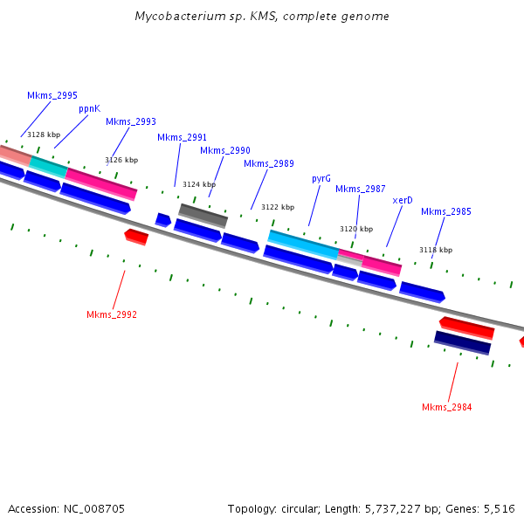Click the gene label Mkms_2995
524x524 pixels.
coord(52,95)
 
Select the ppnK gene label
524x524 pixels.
coord(90,108)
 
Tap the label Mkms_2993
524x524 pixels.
coord(131,121)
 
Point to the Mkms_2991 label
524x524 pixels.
coord(183,137)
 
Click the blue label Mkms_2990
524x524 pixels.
coord(225,150)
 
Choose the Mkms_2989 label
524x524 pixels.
coord(269,163)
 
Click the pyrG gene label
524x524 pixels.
coord(321,178)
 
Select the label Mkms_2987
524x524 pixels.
coord(361,189)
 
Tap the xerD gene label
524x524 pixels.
coord(403,200)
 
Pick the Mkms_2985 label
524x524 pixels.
coord(446,211)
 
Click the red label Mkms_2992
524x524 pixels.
coord(112,314)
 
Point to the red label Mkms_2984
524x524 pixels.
coord(447,407)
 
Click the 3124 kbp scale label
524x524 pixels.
coord(198,184)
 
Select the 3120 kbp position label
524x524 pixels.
coord(356,229)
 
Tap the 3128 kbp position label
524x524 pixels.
coord(44,134)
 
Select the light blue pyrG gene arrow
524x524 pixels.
coord(303,242)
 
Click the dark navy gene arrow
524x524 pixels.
coord(462,342)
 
